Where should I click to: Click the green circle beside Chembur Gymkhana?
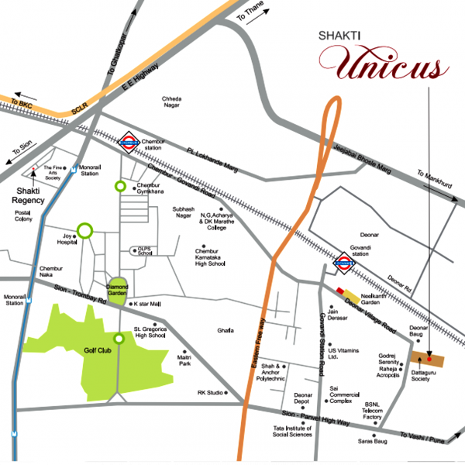point(120,186)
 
